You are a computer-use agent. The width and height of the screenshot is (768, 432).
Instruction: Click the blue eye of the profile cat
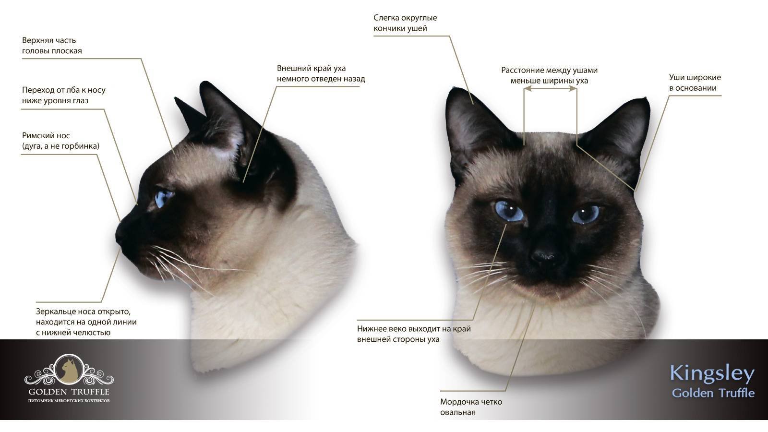coord(164,198)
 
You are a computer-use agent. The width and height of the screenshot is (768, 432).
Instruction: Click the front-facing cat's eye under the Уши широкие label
coord(586,214)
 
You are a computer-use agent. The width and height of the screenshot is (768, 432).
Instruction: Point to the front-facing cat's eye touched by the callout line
coord(509,211)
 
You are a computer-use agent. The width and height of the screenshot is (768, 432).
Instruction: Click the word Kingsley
coord(712,373)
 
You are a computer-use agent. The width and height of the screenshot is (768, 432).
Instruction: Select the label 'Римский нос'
coord(46,135)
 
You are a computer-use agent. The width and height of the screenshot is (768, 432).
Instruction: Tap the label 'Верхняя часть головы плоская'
coord(52,45)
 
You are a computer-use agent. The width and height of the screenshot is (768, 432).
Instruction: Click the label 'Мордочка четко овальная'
coord(471,407)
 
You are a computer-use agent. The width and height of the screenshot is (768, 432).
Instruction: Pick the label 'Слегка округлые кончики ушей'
coord(405,23)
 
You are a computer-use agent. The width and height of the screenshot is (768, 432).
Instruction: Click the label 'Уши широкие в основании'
coord(695,83)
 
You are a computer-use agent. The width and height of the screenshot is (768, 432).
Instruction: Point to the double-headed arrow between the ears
coord(550,88)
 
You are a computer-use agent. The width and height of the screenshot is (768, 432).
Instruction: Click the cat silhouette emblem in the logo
coord(69,369)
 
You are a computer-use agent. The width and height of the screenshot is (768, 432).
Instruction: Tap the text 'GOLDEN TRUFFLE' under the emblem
coord(69,392)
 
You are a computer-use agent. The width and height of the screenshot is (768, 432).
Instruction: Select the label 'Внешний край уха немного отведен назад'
coord(321,73)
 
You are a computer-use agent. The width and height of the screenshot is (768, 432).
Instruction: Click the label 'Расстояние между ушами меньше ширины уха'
coord(549,75)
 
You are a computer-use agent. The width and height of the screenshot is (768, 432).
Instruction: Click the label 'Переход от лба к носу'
coord(64,90)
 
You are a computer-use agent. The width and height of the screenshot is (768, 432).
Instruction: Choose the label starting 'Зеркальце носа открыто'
coord(86,322)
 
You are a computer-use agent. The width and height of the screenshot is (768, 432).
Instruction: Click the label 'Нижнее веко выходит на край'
coord(414,328)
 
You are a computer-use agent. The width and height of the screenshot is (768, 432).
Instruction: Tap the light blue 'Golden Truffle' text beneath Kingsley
coord(713,393)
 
